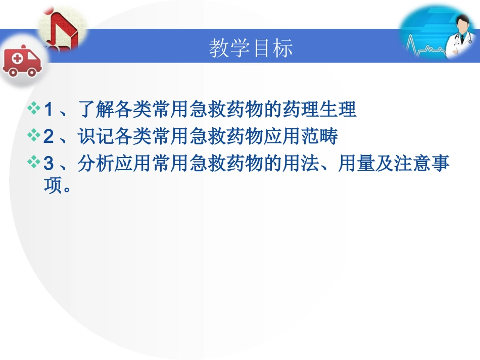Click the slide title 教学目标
[251, 49]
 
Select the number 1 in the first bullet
[49, 110]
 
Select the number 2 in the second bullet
[49, 137]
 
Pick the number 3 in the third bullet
[49, 164]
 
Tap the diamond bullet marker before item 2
[35, 136]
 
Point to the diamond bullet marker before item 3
[35, 164]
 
